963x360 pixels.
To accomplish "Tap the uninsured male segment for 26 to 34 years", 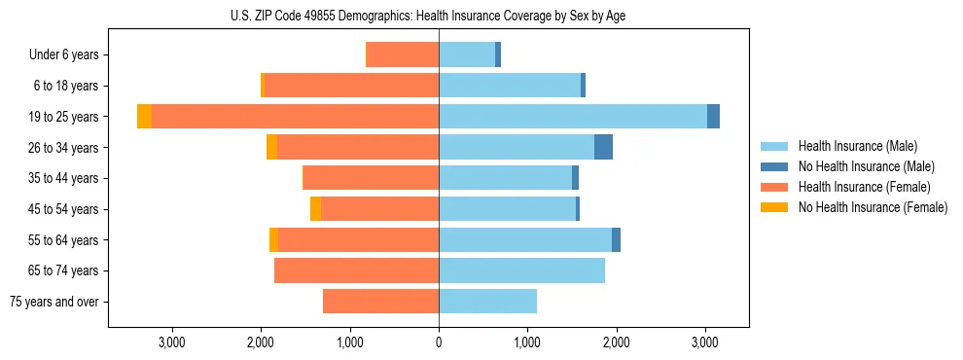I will point(603,147).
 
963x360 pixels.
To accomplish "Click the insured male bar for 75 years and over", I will point(487,302).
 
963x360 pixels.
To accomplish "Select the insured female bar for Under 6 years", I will point(402,54).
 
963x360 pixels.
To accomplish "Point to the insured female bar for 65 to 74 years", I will point(356,270).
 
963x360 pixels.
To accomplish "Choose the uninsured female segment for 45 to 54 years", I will point(316,209).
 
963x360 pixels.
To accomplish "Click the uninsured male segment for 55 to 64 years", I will point(616,239).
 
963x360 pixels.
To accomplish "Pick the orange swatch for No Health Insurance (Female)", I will point(774,207).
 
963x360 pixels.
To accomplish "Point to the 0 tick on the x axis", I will point(439,342).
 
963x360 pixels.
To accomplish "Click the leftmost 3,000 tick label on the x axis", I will point(171,342).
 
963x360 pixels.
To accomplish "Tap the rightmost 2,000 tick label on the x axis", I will point(616,342).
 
